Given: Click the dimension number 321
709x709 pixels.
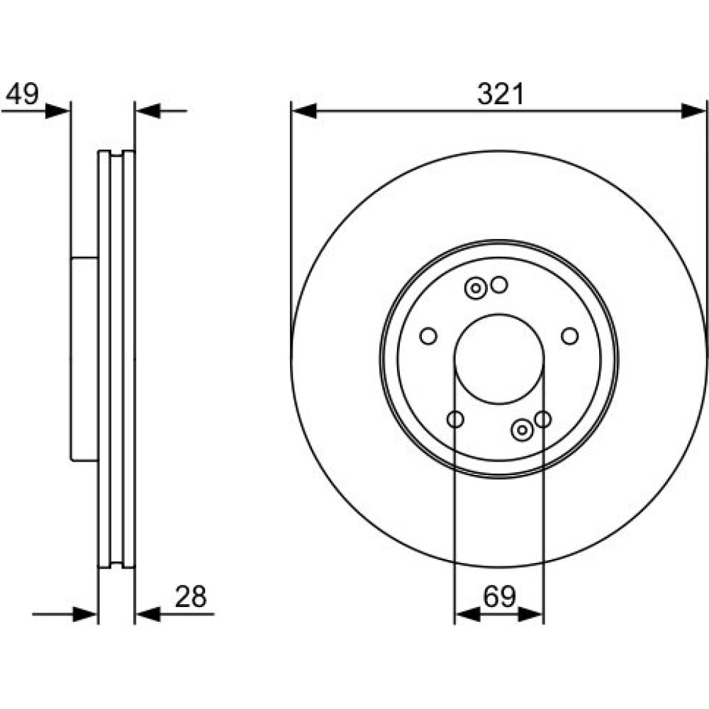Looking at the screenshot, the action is pos(501,94).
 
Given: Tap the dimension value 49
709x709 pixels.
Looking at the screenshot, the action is pos(22,94).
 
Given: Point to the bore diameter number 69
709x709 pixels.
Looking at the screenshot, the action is pos(500,596).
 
